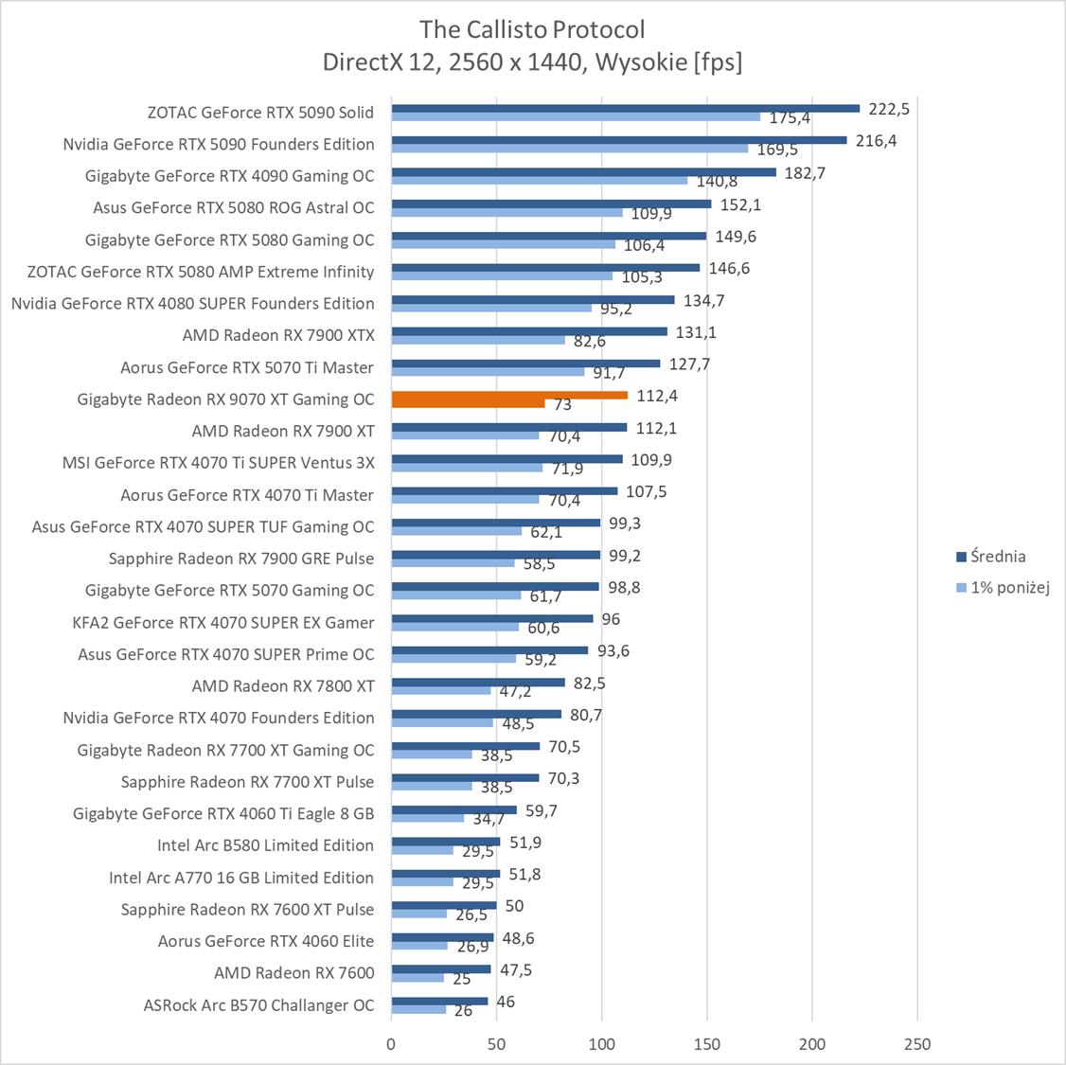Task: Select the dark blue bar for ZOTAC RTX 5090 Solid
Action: [x=625, y=108]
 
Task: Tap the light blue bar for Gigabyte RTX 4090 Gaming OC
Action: [x=540, y=180]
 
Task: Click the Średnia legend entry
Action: [x=994, y=557]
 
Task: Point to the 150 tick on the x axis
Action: [x=707, y=1044]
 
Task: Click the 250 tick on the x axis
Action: [x=917, y=1044]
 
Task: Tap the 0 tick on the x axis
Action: [x=391, y=1044]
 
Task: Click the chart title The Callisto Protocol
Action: [x=533, y=29]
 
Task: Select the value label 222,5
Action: [x=889, y=109]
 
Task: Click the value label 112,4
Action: [x=657, y=396]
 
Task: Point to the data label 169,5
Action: [x=777, y=150]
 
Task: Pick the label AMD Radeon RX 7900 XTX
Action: [x=278, y=335]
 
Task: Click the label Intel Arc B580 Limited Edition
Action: [x=266, y=845]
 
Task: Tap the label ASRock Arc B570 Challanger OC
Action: [x=258, y=1004]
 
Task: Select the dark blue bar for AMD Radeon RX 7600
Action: [x=440, y=968]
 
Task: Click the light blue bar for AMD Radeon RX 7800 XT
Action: [x=441, y=690]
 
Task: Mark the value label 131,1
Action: [x=696, y=332]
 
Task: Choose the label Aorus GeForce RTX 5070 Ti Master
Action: [x=247, y=367]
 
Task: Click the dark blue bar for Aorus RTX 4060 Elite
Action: [x=442, y=937]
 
